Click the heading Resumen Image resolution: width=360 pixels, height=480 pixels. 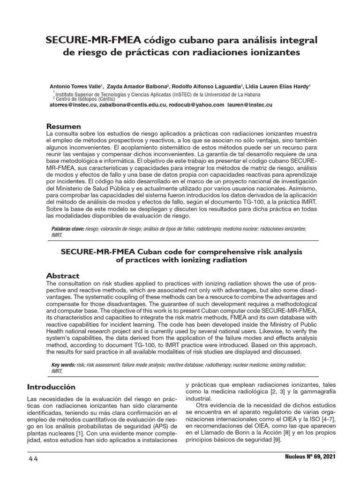tap(63, 127)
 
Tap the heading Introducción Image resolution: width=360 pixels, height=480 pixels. tap(51, 387)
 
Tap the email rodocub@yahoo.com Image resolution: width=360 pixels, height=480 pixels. tap(197, 105)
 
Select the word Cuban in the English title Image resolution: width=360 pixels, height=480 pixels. tap(146, 252)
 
